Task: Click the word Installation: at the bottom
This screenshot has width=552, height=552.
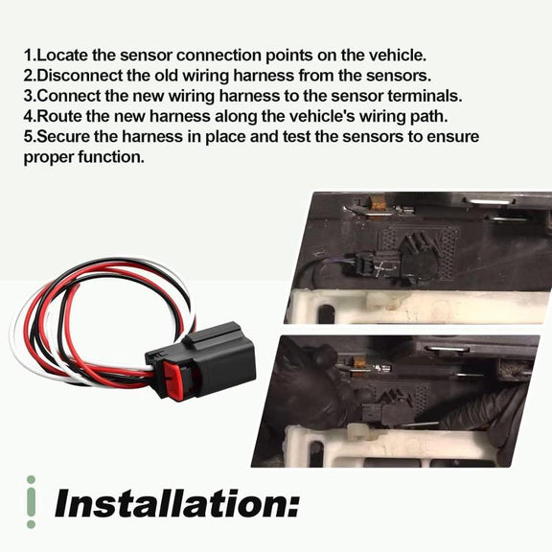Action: (177, 503)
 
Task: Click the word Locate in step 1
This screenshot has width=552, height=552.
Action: (62, 56)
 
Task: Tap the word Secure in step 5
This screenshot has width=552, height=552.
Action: (63, 137)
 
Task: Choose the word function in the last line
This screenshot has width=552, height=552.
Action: (111, 157)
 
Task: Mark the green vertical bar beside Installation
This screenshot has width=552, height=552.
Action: (31, 502)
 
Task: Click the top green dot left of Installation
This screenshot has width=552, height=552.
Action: (31, 480)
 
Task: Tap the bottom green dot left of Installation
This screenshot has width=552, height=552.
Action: (31, 524)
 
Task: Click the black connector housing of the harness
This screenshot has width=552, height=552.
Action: (211, 359)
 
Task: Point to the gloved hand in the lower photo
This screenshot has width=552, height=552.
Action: (310, 391)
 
